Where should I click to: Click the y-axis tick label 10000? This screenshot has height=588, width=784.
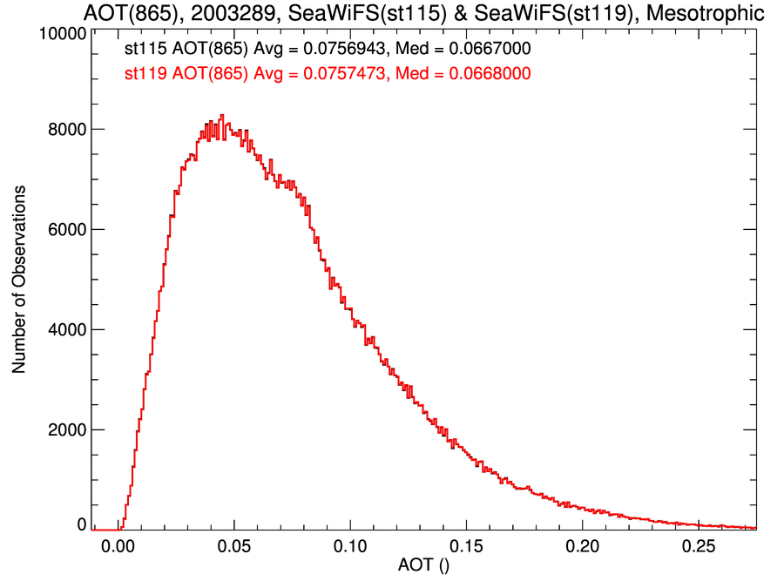click(62, 34)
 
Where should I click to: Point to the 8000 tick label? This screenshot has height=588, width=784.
click(66, 129)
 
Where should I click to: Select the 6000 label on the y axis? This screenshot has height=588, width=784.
click(66, 229)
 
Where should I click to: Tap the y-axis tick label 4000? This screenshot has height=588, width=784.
click(66, 329)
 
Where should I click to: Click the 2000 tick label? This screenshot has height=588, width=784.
click(66, 429)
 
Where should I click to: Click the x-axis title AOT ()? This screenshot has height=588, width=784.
click(423, 566)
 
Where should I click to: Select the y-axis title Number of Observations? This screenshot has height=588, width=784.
click(18, 279)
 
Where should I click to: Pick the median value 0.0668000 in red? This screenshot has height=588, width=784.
click(489, 74)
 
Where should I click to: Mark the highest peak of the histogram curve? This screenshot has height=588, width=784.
click(222, 115)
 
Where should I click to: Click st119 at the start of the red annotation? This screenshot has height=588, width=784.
click(145, 74)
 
